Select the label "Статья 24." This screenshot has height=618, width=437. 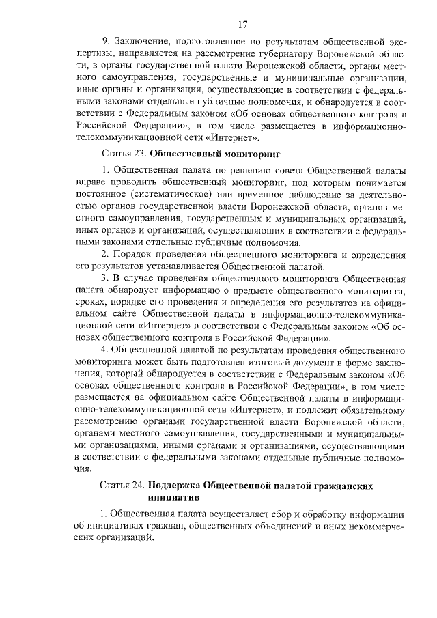[x=122, y=485]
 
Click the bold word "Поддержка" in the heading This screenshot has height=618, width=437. [x=173, y=485]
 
